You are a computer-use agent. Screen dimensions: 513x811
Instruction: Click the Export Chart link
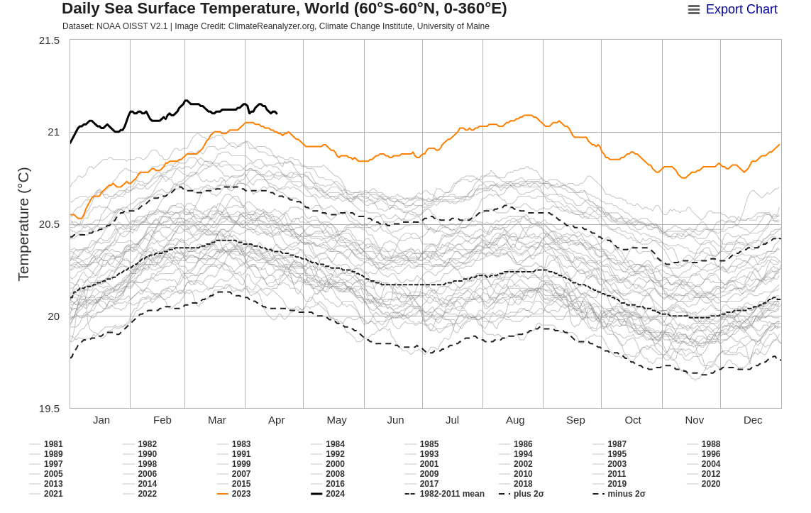[x=741, y=10]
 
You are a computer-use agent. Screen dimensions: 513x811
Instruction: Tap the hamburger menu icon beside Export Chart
[x=694, y=10]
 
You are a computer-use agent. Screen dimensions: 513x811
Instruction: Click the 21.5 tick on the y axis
[x=49, y=40]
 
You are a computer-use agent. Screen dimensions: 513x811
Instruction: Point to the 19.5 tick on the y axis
[x=49, y=409]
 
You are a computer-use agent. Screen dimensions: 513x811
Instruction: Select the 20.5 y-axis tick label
[x=49, y=224]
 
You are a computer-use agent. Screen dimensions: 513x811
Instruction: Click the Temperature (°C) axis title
[x=23, y=224]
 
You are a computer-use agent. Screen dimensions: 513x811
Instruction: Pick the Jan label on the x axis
[x=101, y=420]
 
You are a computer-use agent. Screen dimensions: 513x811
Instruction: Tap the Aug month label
[x=515, y=420]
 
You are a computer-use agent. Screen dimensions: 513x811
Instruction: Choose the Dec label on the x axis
[x=753, y=420]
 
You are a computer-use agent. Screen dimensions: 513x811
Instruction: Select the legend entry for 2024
[x=335, y=494]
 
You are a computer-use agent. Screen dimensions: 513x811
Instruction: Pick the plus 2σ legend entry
[x=529, y=494]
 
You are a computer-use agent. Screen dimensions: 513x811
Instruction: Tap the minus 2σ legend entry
[x=627, y=494]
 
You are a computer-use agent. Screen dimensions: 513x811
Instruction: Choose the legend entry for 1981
[x=53, y=444]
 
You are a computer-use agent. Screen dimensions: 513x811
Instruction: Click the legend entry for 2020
[x=711, y=484]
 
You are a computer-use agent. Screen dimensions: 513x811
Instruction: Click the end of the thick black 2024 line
[x=277, y=114]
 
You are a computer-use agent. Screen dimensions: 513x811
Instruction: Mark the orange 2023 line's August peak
[x=528, y=115]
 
